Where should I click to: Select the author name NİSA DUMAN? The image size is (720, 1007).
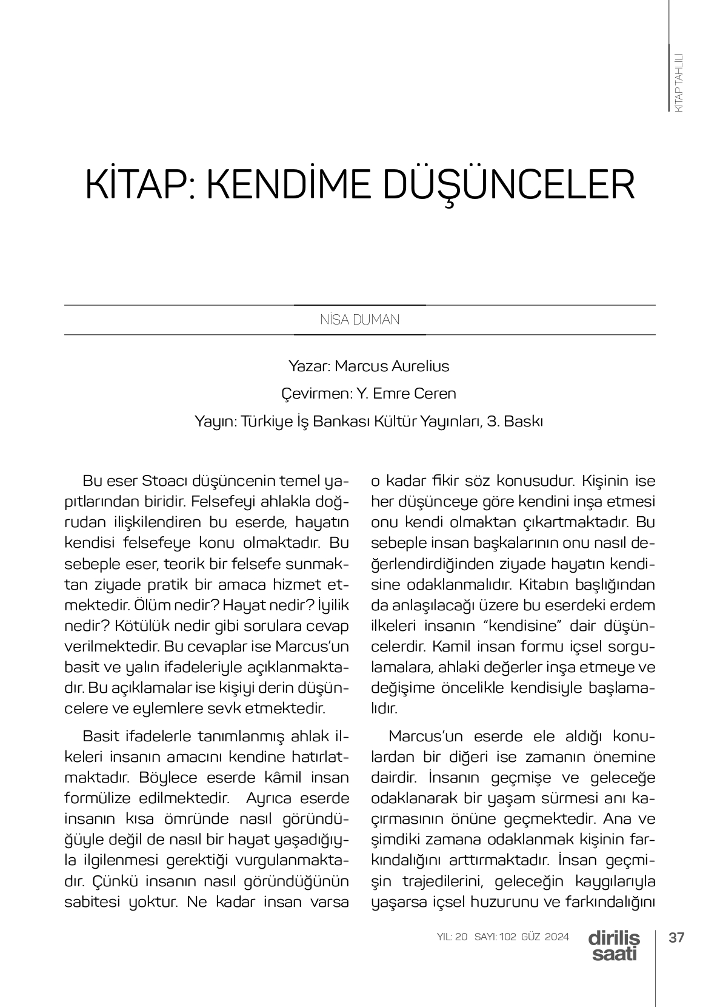tap(359, 320)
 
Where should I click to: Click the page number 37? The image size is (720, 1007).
tap(676, 937)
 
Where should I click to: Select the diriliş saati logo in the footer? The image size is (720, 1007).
tap(613, 946)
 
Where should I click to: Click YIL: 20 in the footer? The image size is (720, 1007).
tap(452, 937)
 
